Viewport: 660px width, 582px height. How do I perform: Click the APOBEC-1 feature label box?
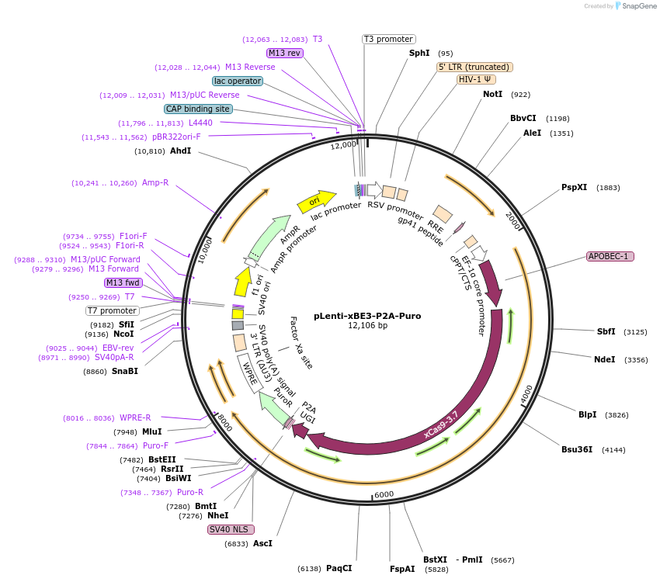click(x=610, y=256)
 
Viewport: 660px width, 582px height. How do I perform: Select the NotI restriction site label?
click(x=492, y=94)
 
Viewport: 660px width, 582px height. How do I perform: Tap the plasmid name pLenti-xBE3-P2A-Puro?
click(x=367, y=316)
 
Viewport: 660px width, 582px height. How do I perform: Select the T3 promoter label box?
click(x=388, y=39)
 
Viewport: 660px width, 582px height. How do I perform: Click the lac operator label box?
click(x=237, y=81)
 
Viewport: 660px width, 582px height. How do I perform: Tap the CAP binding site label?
click(x=198, y=109)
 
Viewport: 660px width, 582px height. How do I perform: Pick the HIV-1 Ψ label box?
click(x=475, y=79)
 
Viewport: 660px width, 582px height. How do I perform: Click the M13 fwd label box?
click(x=123, y=282)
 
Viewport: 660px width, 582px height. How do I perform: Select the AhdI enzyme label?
click(x=180, y=151)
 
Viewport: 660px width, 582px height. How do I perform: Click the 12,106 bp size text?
click(x=367, y=326)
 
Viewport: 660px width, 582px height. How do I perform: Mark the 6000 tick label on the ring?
click(x=384, y=494)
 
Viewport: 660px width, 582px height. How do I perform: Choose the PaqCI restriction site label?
click(x=339, y=569)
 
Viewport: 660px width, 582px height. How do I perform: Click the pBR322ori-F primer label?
click(x=176, y=137)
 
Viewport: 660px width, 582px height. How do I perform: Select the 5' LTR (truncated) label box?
click(x=474, y=67)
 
